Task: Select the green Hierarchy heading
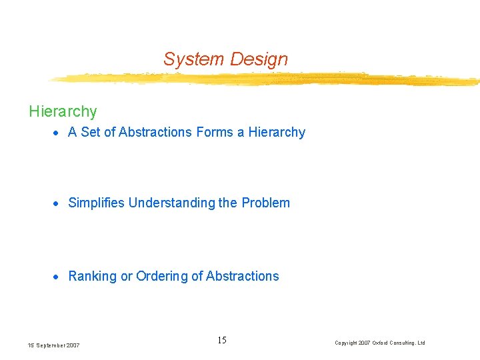(63, 111)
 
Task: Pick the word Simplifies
(97, 203)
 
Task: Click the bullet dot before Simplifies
(57, 203)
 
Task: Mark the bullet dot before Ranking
(57, 277)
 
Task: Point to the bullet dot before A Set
(57, 133)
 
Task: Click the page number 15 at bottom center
(222, 341)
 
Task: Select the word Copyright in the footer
(347, 343)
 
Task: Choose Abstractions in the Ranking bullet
(243, 276)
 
